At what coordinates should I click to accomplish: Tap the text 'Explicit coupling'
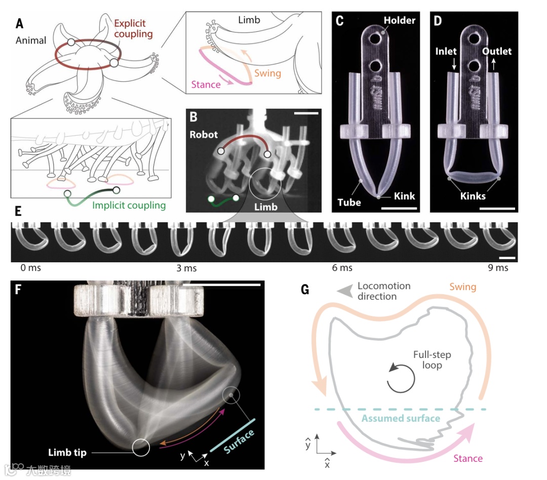[x=133, y=29]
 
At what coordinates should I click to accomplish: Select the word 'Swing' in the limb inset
[x=267, y=73]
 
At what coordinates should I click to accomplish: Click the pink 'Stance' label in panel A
[x=206, y=85]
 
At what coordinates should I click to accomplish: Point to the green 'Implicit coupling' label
[x=129, y=206]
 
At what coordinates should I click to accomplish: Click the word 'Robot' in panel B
[x=204, y=135]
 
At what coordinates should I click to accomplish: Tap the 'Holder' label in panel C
[x=400, y=20]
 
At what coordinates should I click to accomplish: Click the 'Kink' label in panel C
[x=404, y=196]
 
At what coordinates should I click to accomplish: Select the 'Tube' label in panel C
[x=349, y=202]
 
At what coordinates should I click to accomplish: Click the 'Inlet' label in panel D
[x=446, y=51]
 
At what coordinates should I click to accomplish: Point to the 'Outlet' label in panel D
[x=497, y=51]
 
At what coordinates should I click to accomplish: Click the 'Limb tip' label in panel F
[x=67, y=452]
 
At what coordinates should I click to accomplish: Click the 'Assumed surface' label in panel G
[x=401, y=418]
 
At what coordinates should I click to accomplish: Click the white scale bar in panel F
[x=220, y=285]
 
